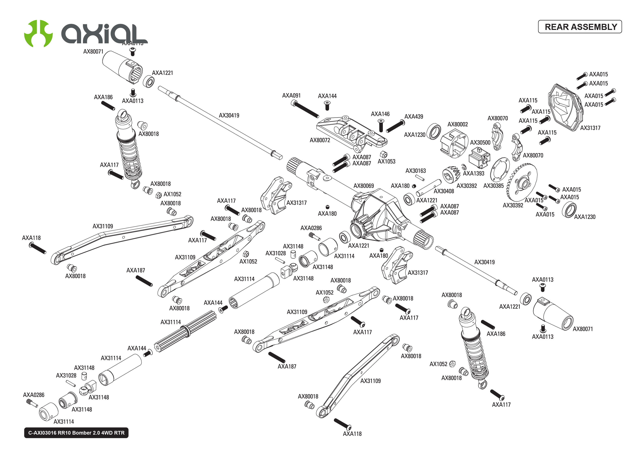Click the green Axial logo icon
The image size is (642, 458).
click(x=38, y=33)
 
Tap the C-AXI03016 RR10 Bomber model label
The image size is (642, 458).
click(x=76, y=433)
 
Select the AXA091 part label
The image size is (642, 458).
click(x=291, y=96)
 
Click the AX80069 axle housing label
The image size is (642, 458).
click(x=364, y=186)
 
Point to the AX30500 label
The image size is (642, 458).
click(x=480, y=143)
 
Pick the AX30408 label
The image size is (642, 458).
click(x=444, y=191)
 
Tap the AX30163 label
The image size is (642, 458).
click(x=416, y=171)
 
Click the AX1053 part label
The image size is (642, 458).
click(x=387, y=162)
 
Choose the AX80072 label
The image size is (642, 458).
click(x=320, y=140)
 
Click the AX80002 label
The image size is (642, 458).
click(x=458, y=124)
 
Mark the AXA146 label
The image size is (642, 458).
click(x=380, y=114)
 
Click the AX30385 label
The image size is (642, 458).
click(x=493, y=186)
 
